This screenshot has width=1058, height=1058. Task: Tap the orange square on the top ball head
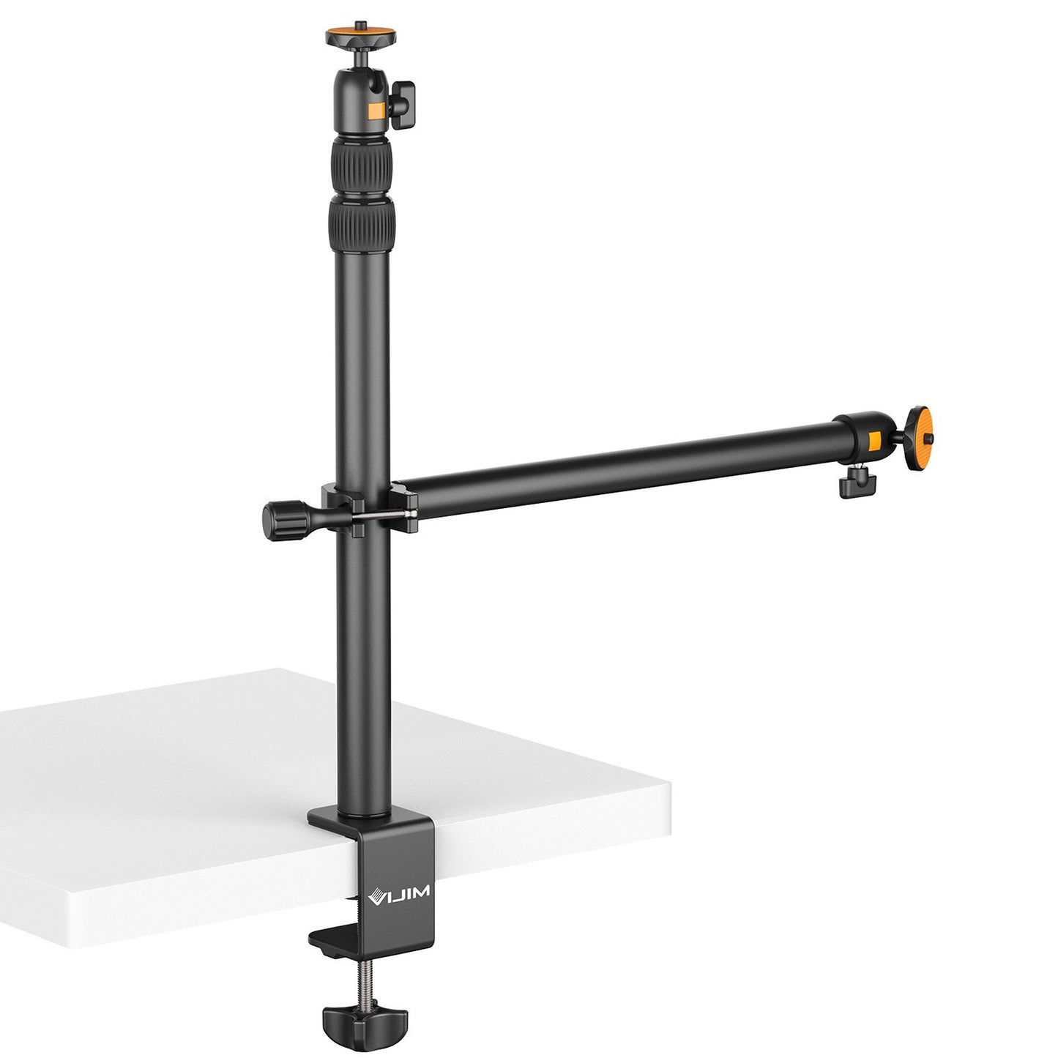coord(376,111)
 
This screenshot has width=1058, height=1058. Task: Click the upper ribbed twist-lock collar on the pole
coord(361,165)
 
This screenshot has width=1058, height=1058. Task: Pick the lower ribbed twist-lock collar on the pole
coord(361,225)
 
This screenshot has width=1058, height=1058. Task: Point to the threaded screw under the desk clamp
coord(351,978)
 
